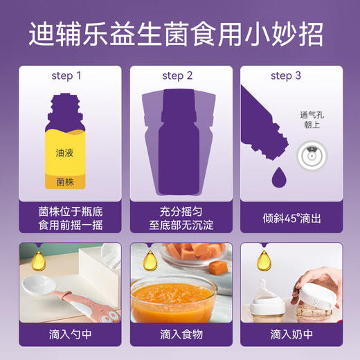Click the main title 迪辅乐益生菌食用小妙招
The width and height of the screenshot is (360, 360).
(180, 33)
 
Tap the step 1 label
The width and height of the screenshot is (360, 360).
(69, 75)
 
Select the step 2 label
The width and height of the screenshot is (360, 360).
(180, 75)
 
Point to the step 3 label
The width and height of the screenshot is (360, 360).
(290, 75)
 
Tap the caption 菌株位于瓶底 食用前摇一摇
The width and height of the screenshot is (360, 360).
(69, 215)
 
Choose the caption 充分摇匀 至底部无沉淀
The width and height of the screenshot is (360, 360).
(180, 215)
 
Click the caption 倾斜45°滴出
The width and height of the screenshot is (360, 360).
(290, 215)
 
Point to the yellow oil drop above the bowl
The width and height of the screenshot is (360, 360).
(148, 260)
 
